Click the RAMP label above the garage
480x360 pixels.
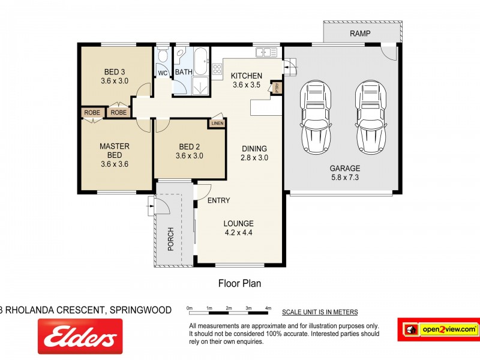[360, 34]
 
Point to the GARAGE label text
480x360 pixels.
[344, 168]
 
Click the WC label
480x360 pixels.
[162, 73]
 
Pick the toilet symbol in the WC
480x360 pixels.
[163, 58]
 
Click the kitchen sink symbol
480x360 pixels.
[268, 53]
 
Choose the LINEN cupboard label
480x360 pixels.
[216, 124]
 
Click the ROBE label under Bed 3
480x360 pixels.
[119, 112]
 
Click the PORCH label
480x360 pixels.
[170, 239]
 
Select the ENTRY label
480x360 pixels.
[219, 200]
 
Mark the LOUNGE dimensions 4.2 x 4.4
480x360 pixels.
[239, 233]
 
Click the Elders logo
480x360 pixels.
[80, 335]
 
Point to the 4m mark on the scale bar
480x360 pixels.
[268, 308]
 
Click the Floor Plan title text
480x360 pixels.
[239, 282]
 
